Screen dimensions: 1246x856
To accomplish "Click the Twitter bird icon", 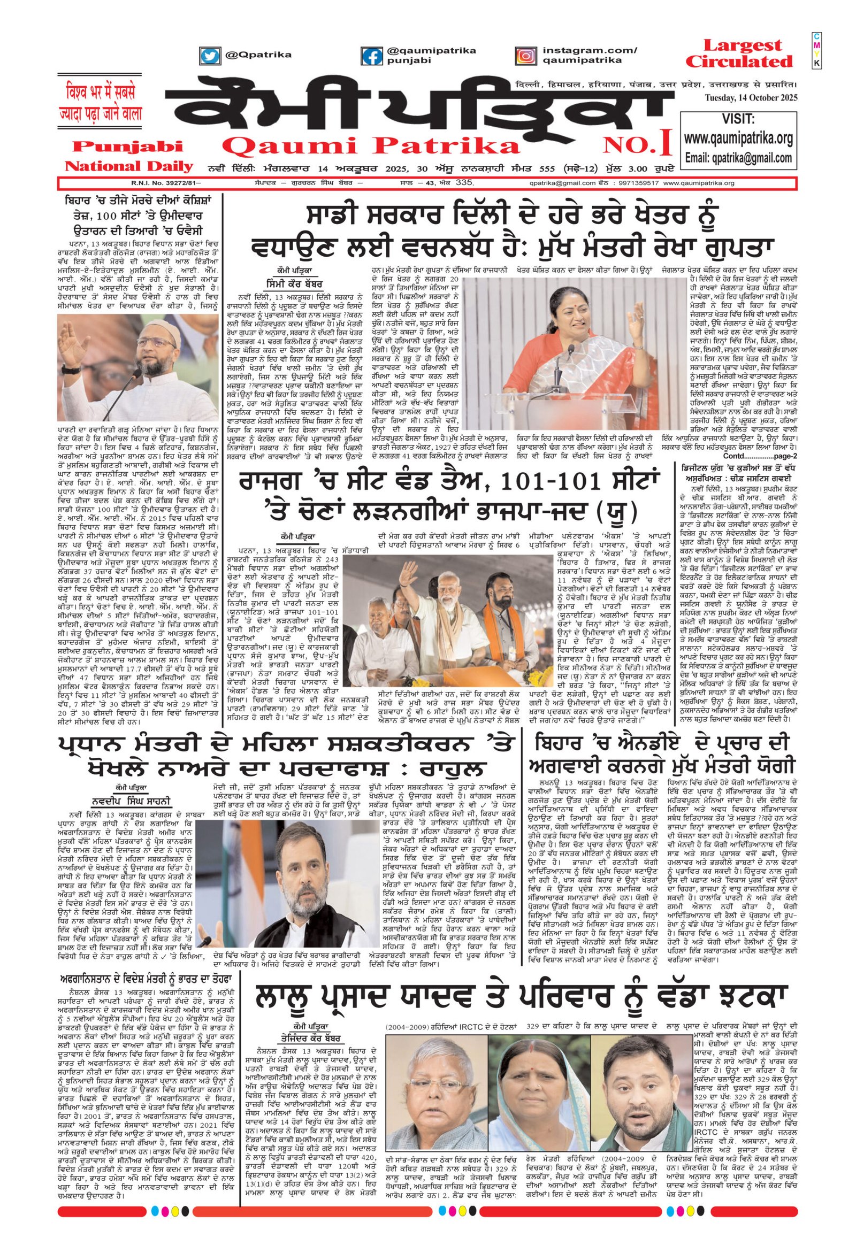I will click(211, 55).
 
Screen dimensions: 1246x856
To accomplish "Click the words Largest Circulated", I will click(739, 52).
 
